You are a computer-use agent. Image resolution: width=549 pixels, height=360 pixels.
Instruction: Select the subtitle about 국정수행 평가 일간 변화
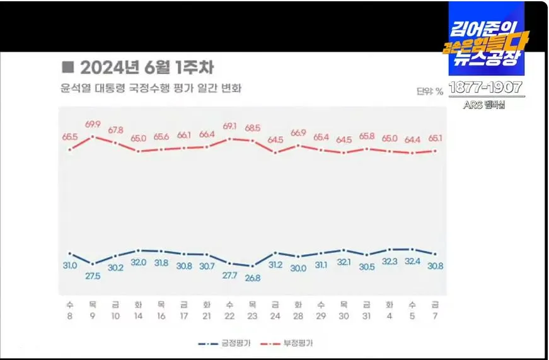[151, 88]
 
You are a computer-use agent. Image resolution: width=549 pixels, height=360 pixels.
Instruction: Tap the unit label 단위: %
[429, 91]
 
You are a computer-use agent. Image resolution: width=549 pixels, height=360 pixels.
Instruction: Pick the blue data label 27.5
[93, 276]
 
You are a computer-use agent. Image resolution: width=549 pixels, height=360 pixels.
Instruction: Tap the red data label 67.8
[115, 130]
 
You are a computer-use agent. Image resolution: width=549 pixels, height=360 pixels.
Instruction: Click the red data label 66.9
[298, 133]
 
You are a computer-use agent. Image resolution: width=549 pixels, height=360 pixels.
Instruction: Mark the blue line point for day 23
[253, 266]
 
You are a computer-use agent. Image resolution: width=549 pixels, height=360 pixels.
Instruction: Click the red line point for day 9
[93, 136]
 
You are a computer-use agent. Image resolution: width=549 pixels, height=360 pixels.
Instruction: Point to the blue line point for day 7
[436, 254]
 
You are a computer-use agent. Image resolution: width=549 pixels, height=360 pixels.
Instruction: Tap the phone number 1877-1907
[485, 88]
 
